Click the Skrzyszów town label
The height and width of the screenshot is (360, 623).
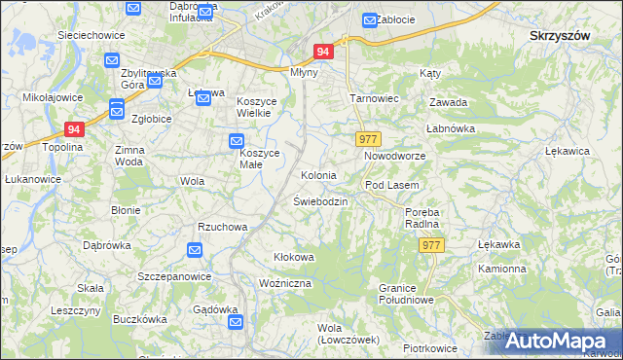tap(561, 35)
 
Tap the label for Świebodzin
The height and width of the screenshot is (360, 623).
tap(320, 201)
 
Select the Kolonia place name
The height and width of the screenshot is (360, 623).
tap(318, 176)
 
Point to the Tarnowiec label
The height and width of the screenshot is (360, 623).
tap(372, 99)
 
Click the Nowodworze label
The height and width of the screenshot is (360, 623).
tap(395, 156)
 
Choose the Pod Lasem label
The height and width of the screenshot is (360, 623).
tap(391, 185)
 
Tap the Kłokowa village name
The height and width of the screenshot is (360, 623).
tap(293, 257)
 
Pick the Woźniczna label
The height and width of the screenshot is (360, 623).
tap(285, 282)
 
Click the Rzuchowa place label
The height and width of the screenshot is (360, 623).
tap(223, 227)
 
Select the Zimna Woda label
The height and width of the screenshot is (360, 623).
tap(129, 156)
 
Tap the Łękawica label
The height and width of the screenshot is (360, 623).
tap(569, 152)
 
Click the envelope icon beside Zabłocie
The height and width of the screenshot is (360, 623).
tap(370, 19)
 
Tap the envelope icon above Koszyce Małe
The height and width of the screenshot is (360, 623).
tap(237, 141)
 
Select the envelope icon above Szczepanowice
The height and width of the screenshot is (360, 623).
tap(194, 251)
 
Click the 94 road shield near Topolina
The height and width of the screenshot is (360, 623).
tap(76, 127)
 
